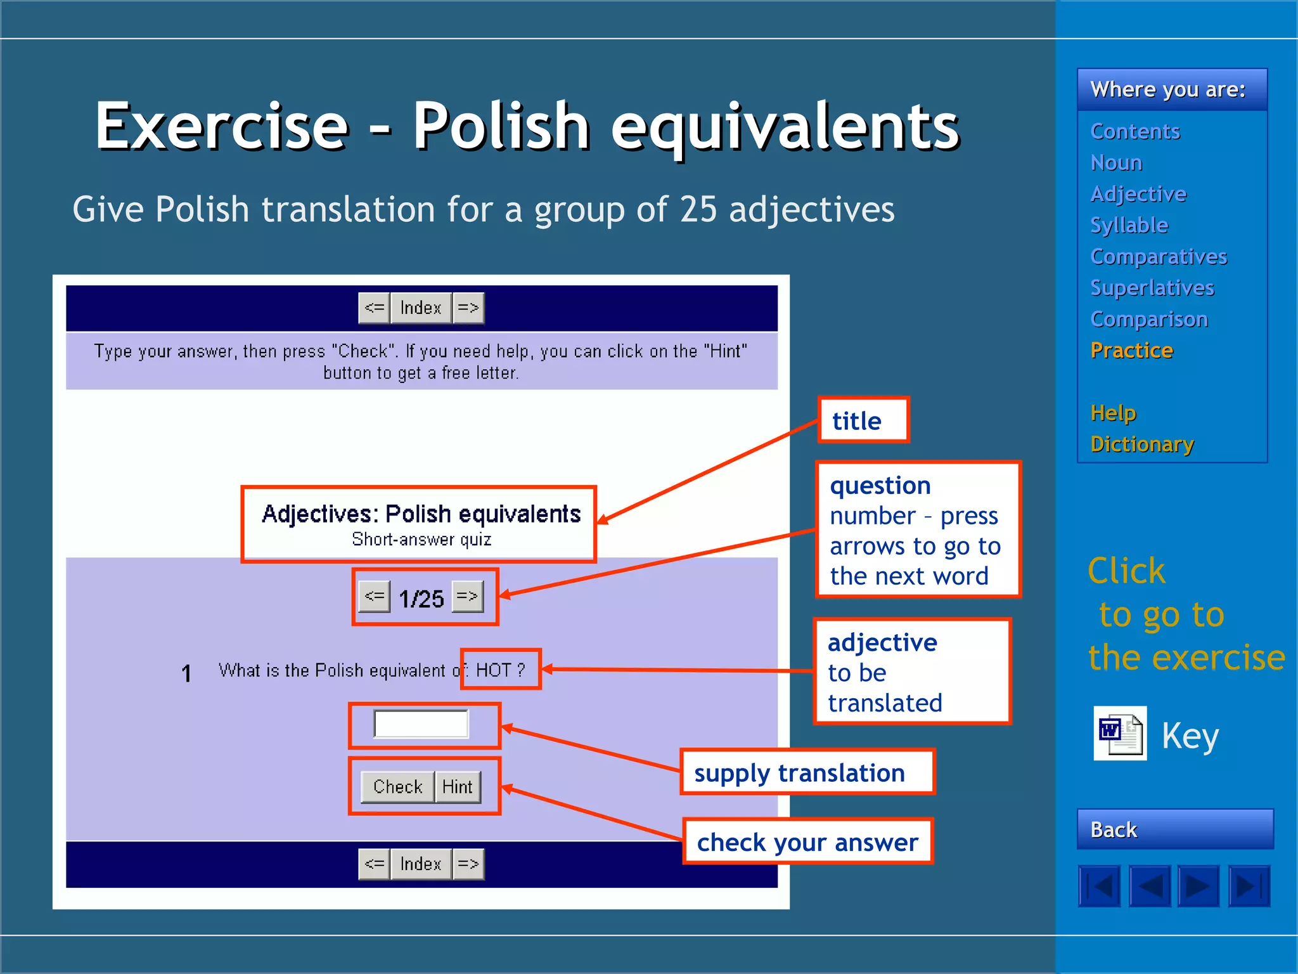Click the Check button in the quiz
coord(397,786)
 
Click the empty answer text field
coord(421,724)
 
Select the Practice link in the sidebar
coord(1131,351)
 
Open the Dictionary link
coord(1142,445)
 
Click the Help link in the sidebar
coord(1113,413)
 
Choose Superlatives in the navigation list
coord(1152,288)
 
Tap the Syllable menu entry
coord(1129,225)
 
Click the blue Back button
coord(1174,829)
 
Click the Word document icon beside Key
coord(1120,733)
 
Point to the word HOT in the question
coord(493,670)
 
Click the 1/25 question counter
coord(421,598)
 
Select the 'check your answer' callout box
coord(807,842)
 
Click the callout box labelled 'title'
coord(863,420)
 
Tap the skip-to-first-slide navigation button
coord(1099,886)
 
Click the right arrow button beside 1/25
coord(468,596)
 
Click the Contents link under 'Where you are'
coord(1134,131)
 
